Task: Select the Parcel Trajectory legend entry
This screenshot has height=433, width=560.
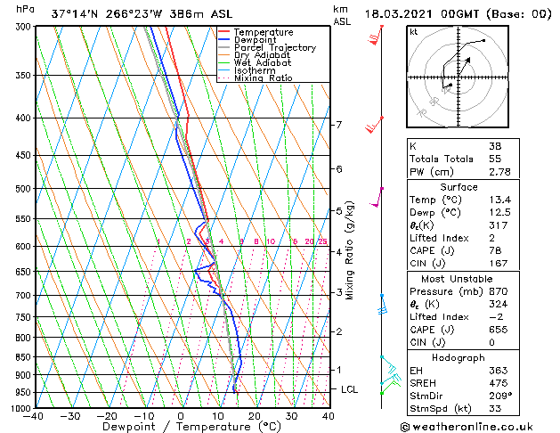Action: [274, 48]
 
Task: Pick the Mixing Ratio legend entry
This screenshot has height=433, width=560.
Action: [264, 78]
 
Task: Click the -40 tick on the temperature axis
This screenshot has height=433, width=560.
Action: [34, 416]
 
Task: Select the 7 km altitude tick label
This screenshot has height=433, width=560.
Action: [338, 125]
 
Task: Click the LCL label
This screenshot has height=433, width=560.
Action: [350, 389]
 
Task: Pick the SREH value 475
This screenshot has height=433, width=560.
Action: [495, 383]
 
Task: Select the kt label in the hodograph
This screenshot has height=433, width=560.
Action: [413, 31]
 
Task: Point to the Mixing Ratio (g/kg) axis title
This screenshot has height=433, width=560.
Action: [349, 250]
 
